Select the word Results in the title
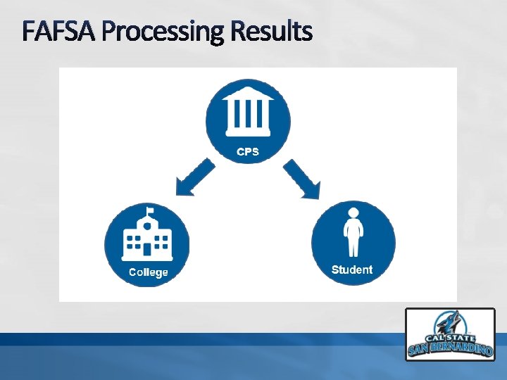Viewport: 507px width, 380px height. [x=271, y=32]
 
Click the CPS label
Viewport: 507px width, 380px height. [x=247, y=151]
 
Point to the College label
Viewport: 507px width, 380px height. [x=148, y=272]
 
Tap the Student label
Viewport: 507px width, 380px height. [x=351, y=270]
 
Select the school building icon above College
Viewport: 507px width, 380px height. [x=146, y=235]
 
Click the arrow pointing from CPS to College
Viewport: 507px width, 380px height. [x=194, y=177]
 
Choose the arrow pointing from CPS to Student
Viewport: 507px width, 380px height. [x=302, y=177]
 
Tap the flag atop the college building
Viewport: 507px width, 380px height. [x=149, y=210]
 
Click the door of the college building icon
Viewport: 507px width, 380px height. [x=146, y=248]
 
